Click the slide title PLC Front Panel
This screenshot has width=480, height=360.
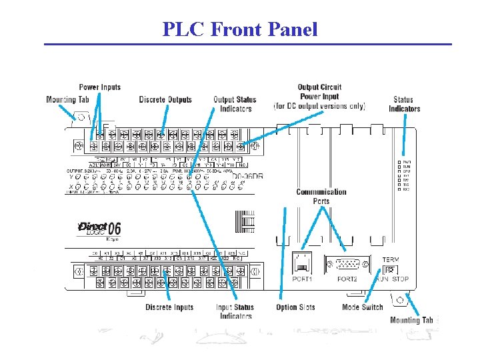[240, 29]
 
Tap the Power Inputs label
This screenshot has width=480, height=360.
[100, 87]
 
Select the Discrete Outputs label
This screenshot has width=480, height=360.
[165, 100]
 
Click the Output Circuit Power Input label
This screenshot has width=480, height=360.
[319, 96]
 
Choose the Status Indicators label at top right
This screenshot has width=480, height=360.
[404, 105]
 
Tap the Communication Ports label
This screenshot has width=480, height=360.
[321, 197]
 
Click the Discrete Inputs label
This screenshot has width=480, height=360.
[169, 307]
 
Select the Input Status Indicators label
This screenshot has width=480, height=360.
[235, 311]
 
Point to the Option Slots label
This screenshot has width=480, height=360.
[295, 307]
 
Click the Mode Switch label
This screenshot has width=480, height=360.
[363, 307]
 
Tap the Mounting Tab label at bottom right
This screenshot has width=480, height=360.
[411, 321]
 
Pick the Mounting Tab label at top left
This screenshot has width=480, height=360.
[67, 100]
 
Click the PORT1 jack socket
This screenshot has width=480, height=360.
[301, 262]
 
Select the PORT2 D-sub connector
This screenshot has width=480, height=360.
[347, 263]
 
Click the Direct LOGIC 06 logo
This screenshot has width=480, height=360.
[99, 229]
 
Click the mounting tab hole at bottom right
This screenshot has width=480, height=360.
[398, 301]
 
